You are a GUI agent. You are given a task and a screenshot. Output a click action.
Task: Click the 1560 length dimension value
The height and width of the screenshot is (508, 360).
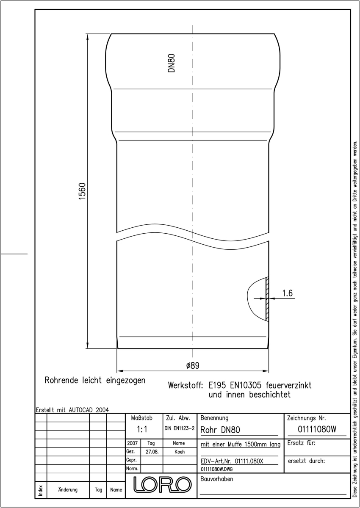tap(82, 191)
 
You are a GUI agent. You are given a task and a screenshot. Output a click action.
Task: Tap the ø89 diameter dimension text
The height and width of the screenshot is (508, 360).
tap(193, 365)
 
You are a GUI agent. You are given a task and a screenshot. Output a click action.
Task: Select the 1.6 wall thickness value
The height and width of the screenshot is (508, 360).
tap(288, 293)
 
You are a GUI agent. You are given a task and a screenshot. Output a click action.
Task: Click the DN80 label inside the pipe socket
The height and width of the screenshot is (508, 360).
tap(172, 63)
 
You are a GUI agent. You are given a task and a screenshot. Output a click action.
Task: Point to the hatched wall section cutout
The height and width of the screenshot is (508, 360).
tap(267, 299)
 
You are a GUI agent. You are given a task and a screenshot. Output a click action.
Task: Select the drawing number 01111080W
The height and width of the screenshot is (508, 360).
tap(317, 429)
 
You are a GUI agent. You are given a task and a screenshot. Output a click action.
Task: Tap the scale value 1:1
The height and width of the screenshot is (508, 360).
tap(142, 429)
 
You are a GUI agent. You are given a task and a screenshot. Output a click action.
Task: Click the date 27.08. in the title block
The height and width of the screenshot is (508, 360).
tap(152, 452)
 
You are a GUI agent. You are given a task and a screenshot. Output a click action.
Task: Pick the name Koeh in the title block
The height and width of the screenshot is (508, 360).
tap(180, 452)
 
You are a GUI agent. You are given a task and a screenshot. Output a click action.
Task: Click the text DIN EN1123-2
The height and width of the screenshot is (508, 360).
tap(180, 428)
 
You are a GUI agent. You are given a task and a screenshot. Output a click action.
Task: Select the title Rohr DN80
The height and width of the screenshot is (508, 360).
tap(220, 430)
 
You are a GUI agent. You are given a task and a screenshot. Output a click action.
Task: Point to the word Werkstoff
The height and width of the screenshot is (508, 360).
tap(186, 385)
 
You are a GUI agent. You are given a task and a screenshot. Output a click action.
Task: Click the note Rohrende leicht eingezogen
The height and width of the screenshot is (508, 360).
tap(95, 380)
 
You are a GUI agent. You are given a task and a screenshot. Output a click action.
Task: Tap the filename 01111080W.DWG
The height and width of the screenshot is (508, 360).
tap(216, 469)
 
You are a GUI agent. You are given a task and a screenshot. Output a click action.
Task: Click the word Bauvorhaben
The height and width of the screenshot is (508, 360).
tap(216, 479)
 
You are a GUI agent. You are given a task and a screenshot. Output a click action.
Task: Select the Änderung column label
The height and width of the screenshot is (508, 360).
tap(68, 490)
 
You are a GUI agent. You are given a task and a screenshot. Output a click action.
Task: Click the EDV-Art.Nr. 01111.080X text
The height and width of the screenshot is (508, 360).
tap(232, 461)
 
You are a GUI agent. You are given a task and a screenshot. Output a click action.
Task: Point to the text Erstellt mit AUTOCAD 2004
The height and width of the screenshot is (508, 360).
tap(72, 410)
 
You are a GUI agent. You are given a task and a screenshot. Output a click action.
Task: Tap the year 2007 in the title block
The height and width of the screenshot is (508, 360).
tap(132, 443)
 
